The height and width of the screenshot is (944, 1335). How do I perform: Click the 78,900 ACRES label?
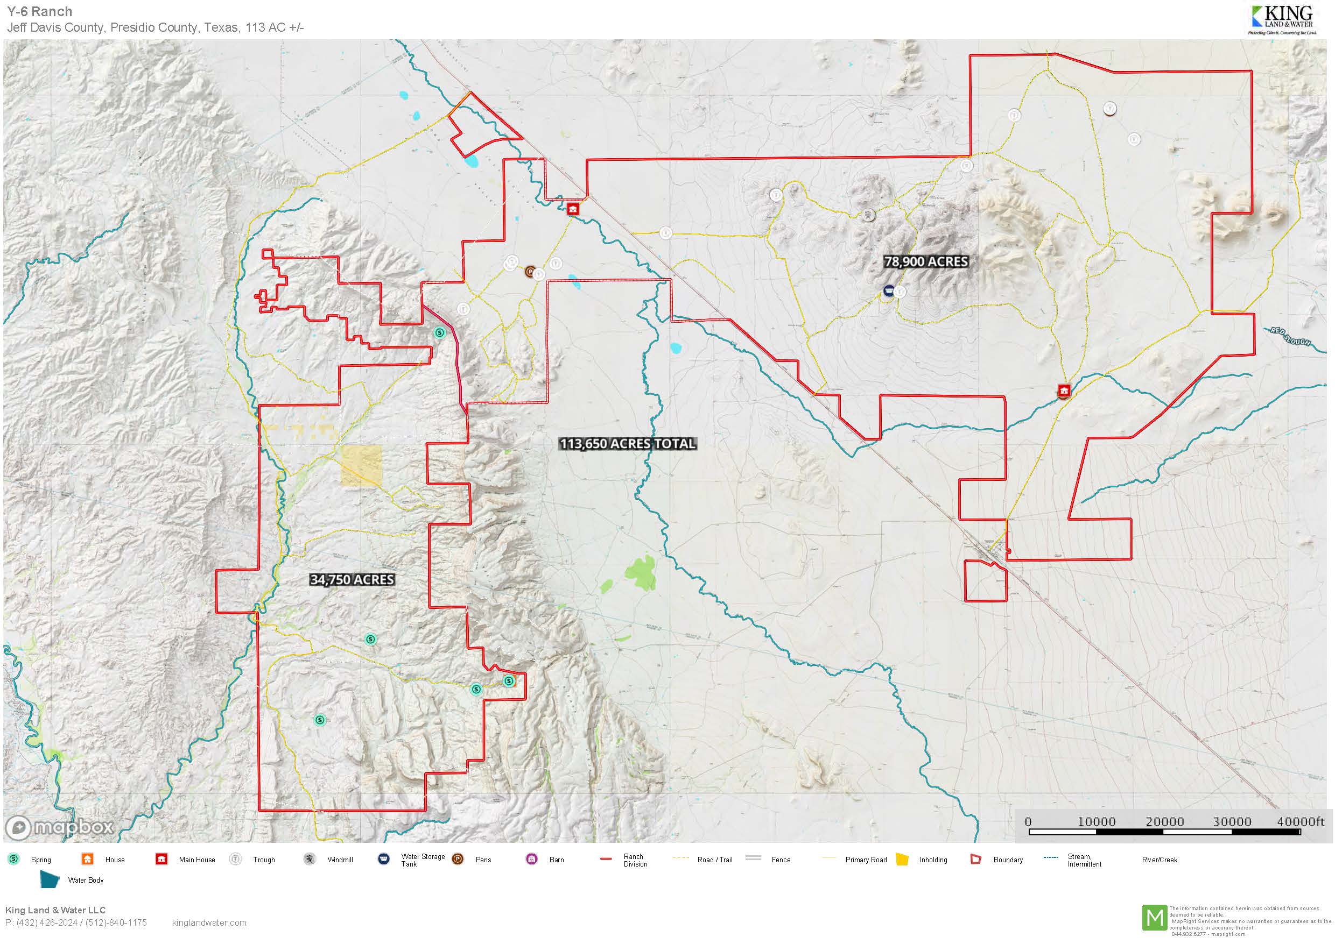(925, 261)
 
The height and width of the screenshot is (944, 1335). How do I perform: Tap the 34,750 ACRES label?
(352, 579)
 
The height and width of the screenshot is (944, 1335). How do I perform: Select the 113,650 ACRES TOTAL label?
(627, 444)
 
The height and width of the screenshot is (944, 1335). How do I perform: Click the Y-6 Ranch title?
(39, 11)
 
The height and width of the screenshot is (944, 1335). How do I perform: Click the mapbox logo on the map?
(59, 827)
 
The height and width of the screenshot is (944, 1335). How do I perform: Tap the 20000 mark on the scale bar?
(1164, 821)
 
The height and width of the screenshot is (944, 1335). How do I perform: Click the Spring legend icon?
(14, 858)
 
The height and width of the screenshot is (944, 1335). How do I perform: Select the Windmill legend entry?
(340, 860)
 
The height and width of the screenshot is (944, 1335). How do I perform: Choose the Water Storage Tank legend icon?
(384, 858)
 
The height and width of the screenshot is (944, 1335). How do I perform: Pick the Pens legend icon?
(458, 858)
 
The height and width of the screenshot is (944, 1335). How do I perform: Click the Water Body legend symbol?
(50, 879)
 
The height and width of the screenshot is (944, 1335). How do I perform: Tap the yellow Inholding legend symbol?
(902, 859)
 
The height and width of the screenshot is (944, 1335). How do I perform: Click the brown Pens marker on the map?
(530, 272)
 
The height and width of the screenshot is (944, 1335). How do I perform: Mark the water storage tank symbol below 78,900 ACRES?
(888, 290)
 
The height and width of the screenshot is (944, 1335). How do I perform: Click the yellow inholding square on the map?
(361, 466)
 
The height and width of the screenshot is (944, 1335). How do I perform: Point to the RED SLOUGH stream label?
(1290, 337)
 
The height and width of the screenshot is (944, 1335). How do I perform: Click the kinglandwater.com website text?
(209, 922)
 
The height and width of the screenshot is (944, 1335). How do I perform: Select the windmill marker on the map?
(868, 215)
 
